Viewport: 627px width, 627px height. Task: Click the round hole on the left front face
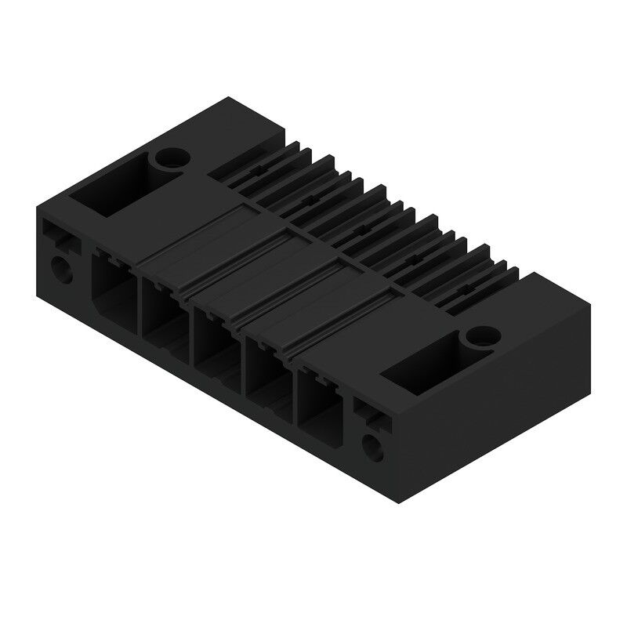pos(60,270)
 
